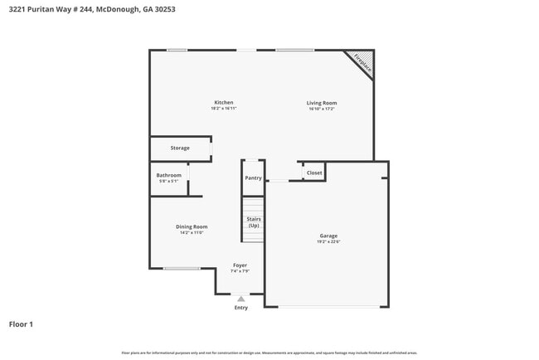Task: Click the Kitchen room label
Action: [223, 103]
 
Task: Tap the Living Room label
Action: [322, 103]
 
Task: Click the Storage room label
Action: [180, 148]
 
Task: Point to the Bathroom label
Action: [168, 175]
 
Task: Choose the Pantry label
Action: [253, 178]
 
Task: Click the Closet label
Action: [314, 173]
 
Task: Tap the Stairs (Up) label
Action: [254, 222]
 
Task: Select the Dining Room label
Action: [192, 226]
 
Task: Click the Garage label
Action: [328, 236]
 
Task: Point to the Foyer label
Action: [240, 265]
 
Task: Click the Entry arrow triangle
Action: [241, 299]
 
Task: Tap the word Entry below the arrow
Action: [241, 308]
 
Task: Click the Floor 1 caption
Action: [21, 324]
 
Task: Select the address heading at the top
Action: [90, 10]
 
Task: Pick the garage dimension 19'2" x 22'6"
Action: [328, 242]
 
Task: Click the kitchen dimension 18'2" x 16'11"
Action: [223, 109]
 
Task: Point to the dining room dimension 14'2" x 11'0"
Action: [192, 233]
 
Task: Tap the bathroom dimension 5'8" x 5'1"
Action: [168, 181]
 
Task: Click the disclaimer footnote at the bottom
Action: [269, 353]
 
